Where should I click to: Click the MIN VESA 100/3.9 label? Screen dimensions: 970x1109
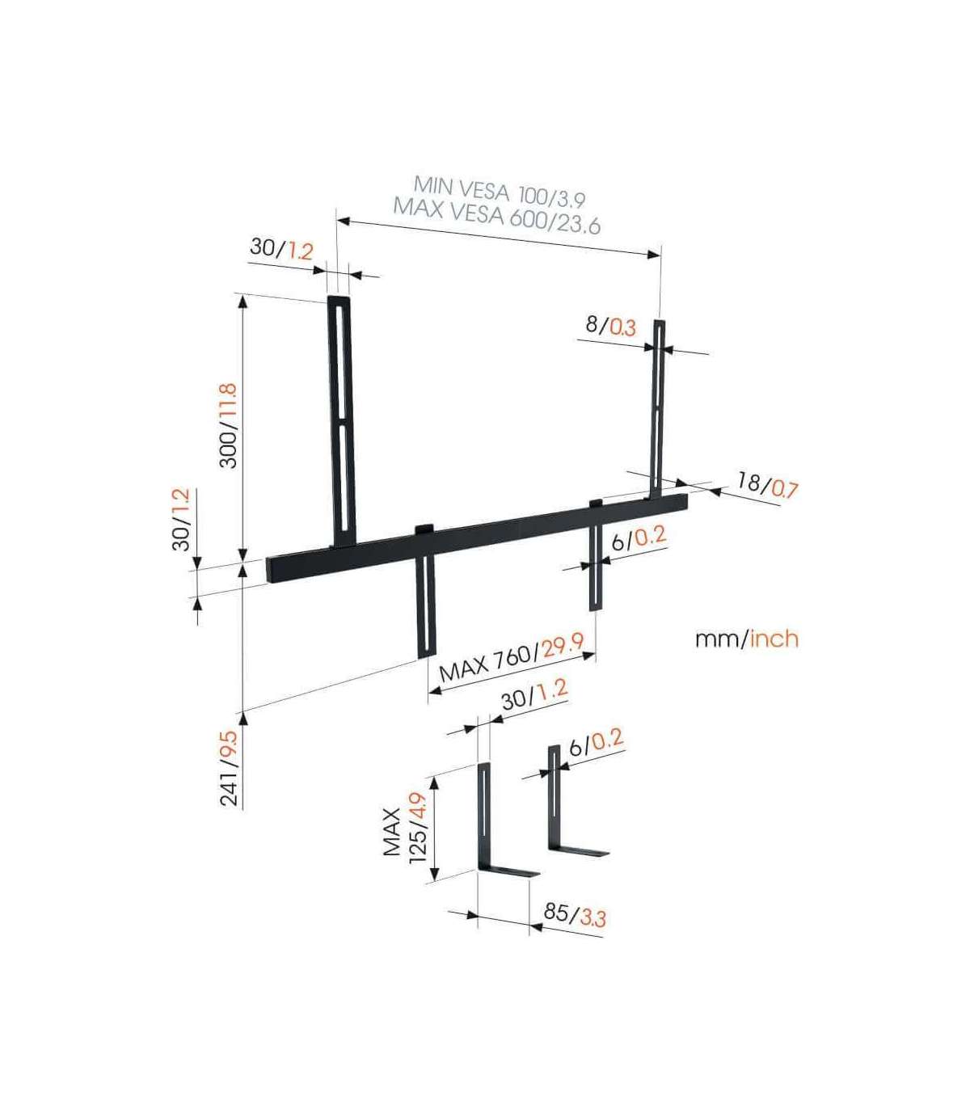500,191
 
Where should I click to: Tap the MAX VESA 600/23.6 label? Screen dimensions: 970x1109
497,214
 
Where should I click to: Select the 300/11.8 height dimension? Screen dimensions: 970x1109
228,425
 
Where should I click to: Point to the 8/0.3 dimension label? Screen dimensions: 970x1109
611,327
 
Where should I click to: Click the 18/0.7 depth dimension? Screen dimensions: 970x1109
767,483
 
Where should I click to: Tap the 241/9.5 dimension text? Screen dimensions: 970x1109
228,768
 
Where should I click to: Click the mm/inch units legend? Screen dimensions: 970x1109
747,639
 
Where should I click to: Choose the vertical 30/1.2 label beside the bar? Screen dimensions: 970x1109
181,519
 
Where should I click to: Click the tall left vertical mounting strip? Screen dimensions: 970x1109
342,420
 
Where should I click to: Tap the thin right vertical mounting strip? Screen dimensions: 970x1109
657,409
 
